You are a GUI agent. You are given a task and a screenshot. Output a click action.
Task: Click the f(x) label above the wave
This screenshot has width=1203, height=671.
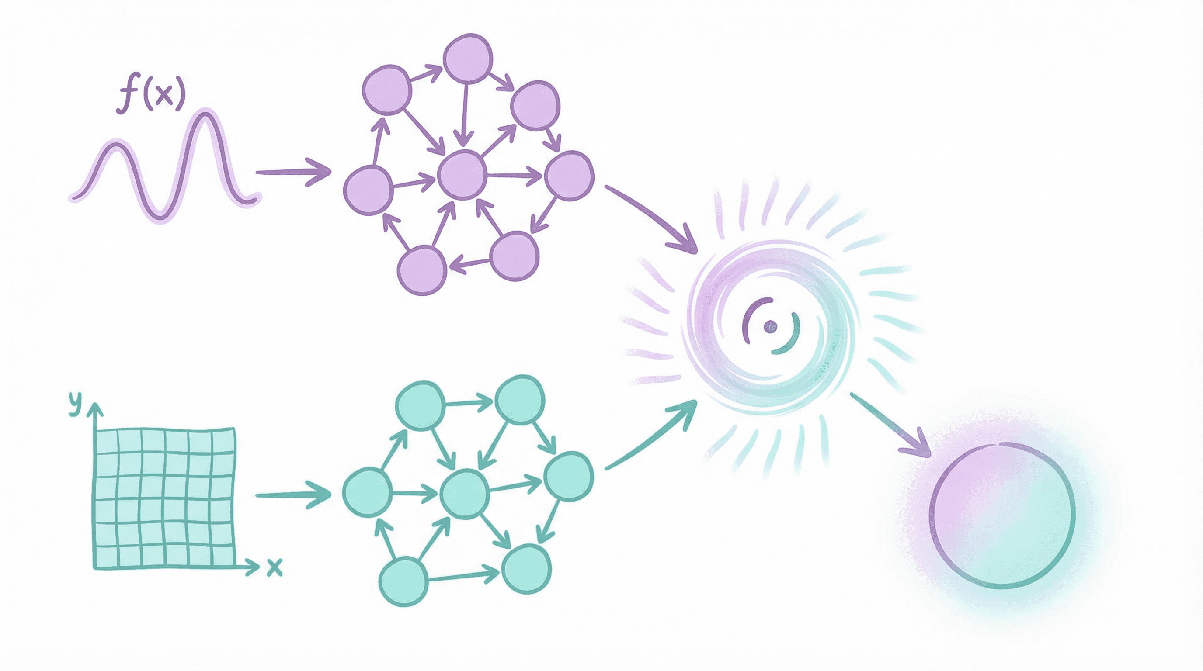point(151,97)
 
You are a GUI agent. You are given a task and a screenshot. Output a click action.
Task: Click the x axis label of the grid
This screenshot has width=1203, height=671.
point(275,567)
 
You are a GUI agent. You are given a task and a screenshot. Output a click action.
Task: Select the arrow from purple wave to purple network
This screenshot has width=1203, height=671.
point(293,172)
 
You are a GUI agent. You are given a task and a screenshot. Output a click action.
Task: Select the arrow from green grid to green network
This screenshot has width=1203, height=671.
point(293,495)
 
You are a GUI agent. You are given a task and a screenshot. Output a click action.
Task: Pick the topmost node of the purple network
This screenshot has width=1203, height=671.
point(467,59)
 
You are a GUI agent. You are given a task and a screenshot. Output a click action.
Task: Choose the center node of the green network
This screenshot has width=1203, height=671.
point(465,494)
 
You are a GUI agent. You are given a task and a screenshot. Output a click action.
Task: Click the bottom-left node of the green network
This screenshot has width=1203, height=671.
point(403,581)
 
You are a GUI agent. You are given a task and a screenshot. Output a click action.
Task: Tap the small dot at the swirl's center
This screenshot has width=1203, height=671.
point(770,326)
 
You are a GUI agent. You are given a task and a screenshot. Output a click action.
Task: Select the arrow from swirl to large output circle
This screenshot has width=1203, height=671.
point(890,425)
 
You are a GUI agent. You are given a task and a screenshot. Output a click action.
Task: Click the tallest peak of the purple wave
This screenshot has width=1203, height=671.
point(204,111)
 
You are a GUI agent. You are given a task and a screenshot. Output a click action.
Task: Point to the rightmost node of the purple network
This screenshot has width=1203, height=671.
point(569,176)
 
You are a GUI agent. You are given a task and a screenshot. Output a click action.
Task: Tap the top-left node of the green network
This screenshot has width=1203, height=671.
point(420,405)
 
